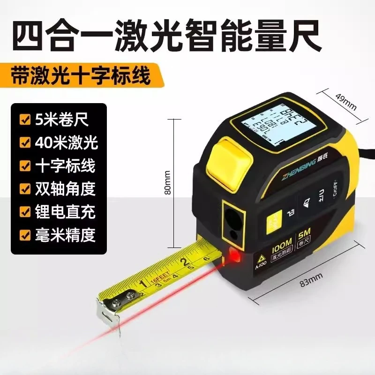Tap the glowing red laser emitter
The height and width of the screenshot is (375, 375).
233,255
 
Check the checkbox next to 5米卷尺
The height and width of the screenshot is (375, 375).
24,119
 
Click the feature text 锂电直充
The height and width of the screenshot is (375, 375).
65,211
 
